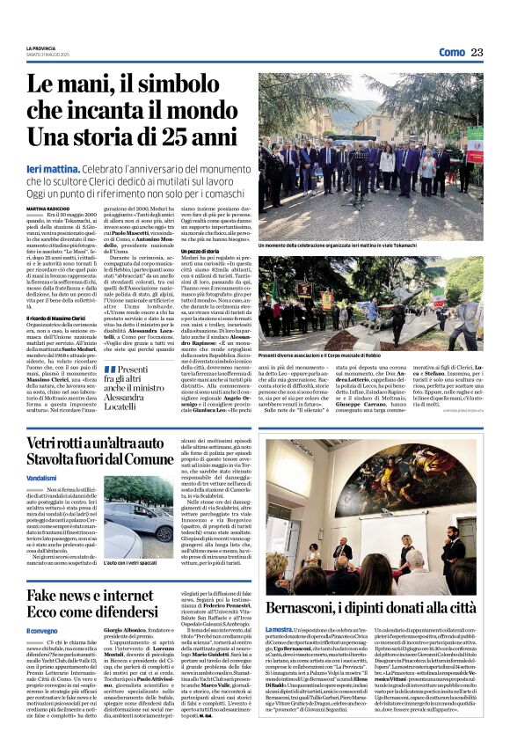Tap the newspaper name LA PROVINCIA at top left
coord(41,48)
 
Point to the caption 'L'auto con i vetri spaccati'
coord(130,562)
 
